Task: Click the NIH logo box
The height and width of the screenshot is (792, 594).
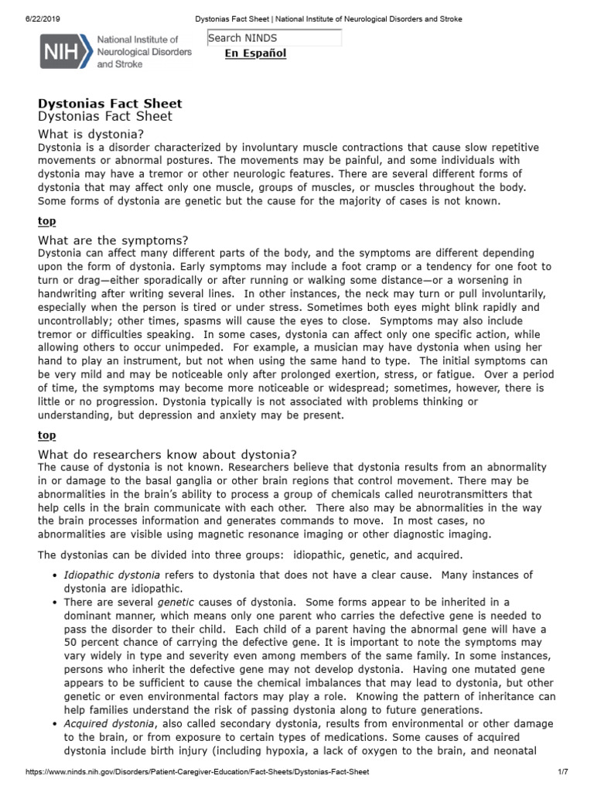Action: pos(65,52)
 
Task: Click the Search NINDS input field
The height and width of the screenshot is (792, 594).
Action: pos(274,38)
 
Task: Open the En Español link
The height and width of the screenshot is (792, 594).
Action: pos(255,53)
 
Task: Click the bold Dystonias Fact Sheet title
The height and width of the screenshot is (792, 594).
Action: pos(110,103)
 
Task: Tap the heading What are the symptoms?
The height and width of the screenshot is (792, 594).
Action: pos(113,240)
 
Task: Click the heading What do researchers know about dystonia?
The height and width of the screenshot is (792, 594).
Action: pos(167,454)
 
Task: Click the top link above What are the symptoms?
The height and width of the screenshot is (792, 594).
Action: pos(46,221)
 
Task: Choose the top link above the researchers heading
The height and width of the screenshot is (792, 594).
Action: pos(46,435)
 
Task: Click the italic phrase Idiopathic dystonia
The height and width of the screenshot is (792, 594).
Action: pos(111,575)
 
